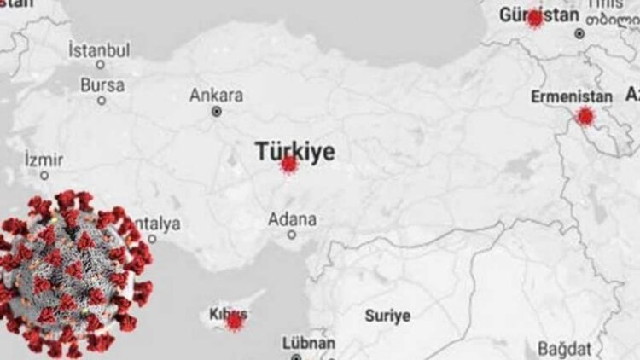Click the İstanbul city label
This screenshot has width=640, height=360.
tap(99, 49)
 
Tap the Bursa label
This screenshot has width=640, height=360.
tap(102, 84)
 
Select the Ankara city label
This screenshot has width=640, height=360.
tap(216, 95)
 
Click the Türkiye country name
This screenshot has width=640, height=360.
tap(294, 151)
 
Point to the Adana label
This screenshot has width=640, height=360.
tap(292, 218)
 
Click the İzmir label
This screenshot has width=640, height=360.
tap(44, 159)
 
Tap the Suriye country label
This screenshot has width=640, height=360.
tap(387, 316)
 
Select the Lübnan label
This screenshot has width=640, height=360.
tap(308, 343)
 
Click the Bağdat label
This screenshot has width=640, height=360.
tap(563, 349)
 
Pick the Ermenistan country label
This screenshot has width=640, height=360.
tap(571, 96)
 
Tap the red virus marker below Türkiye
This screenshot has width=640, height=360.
tap(289, 164)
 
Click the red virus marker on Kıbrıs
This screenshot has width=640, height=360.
tap(234, 322)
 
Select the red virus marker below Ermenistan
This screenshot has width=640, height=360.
tap(585, 116)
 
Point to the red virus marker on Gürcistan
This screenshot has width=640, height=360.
tap(535, 18)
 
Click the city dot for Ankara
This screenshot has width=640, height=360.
tap(217, 112)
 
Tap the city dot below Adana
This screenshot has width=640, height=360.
tap(292, 235)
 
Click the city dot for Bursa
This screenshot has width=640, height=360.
tap(102, 101)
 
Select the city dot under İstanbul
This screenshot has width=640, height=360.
tap(100, 65)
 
